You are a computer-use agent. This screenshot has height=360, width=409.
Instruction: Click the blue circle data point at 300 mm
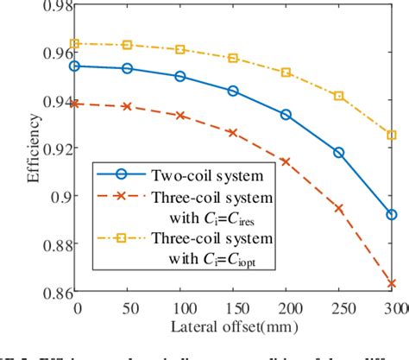(391, 214)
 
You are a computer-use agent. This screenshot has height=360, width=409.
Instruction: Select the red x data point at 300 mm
(391, 283)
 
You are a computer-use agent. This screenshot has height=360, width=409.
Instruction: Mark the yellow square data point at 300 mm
(391, 135)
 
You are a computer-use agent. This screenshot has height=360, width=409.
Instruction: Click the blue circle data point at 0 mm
(75, 66)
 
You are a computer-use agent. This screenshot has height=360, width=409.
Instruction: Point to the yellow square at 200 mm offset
(286, 73)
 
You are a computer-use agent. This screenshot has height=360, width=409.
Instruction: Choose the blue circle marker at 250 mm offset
(338, 152)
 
